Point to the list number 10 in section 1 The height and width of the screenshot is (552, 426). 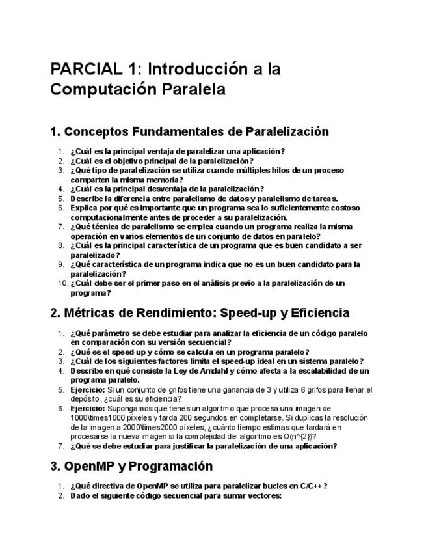coord(62,283)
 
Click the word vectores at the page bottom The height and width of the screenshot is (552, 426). coord(263,495)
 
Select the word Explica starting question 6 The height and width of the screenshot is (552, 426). coord(85,208)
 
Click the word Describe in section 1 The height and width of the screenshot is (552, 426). coord(87,198)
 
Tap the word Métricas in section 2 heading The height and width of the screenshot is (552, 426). coord(90,313)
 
